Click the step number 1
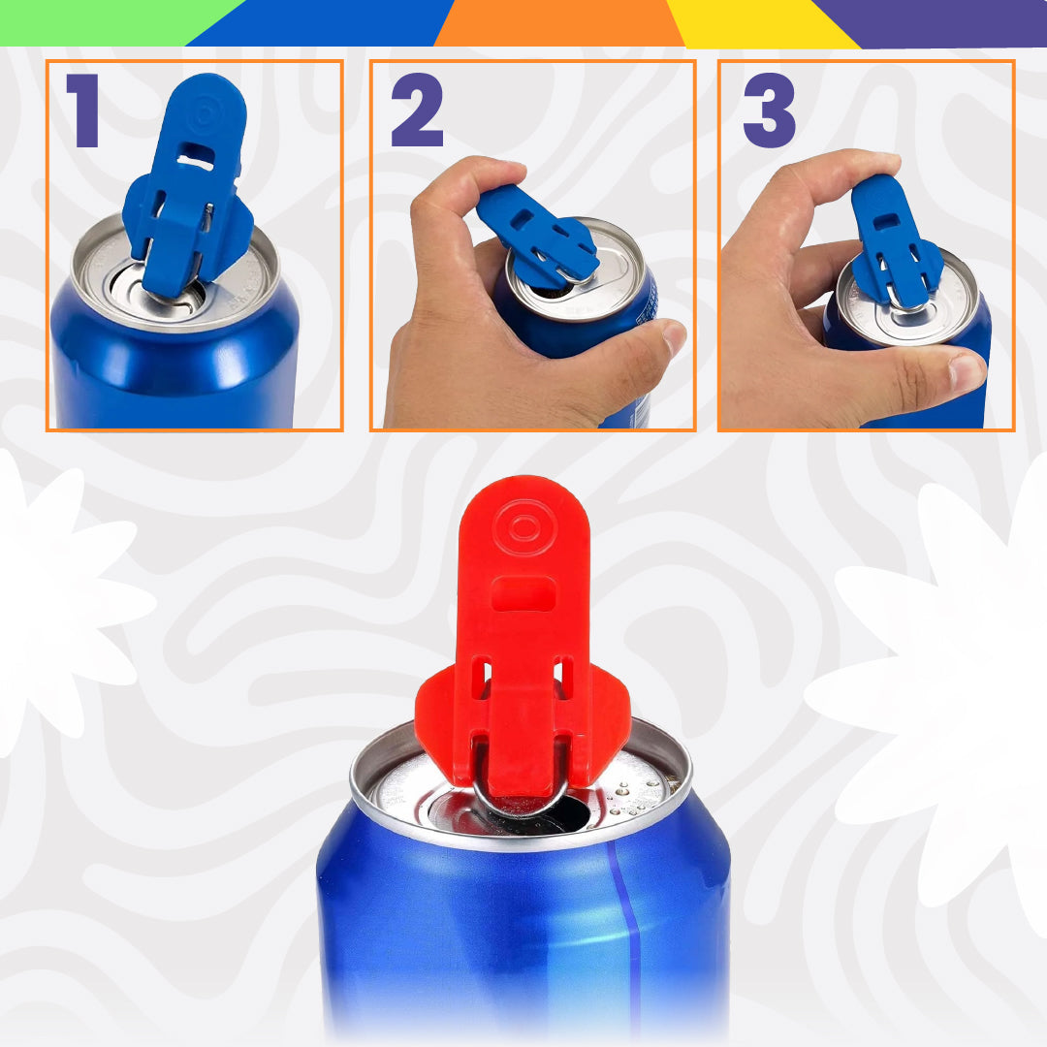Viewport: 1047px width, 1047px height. [x=84, y=111]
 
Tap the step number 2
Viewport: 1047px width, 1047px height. [x=417, y=111]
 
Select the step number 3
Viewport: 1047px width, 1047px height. [x=769, y=111]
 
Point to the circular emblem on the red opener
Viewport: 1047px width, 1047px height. [x=524, y=528]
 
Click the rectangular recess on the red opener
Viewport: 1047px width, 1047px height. [x=523, y=594]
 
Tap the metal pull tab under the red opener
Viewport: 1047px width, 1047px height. [x=521, y=798]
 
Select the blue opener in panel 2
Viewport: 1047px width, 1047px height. [x=536, y=238]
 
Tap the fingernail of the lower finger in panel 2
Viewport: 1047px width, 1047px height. [x=675, y=337]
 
